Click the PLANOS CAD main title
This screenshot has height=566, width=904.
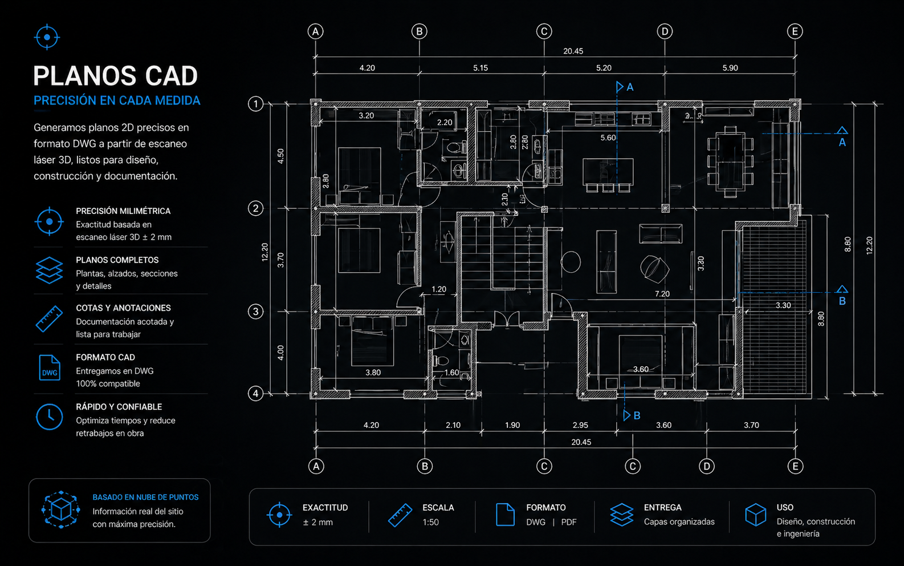(x=115, y=75)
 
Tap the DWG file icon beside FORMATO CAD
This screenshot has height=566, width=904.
(x=50, y=367)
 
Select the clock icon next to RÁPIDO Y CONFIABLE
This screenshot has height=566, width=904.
(x=49, y=417)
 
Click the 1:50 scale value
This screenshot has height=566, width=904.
(x=430, y=522)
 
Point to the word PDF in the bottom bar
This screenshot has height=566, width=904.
(x=569, y=522)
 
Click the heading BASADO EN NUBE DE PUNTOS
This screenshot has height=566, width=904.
(x=145, y=498)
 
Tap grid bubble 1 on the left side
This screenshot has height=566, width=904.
(x=255, y=104)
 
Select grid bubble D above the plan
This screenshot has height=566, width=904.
(x=665, y=31)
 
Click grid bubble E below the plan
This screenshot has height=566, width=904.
(x=796, y=466)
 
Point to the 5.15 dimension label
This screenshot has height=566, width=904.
(x=480, y=68)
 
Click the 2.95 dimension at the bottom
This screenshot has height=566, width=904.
(x=580, y=425)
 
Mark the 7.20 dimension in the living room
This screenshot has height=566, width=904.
(x=662, y=294)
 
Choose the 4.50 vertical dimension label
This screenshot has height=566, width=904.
(x=280, y=156)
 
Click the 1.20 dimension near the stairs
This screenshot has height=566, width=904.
(x=439, y=289)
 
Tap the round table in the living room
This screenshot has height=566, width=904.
(x=571, y=262)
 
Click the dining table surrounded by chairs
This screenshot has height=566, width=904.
(x=730, y=162)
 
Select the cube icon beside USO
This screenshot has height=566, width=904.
(x=755, y=515)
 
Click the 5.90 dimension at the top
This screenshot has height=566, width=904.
(x=730, y=68)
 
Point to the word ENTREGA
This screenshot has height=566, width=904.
(x=663, y=507)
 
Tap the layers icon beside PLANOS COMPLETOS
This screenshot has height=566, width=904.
(x=49, y=270)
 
